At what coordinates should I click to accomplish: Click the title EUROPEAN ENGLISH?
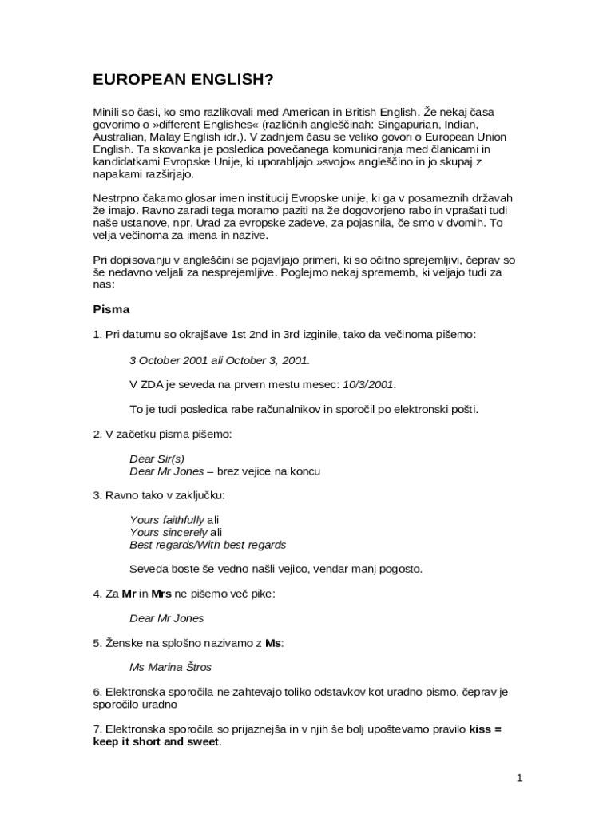point(183,79)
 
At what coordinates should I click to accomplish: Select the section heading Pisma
point(111,309)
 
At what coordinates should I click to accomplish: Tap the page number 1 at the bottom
point(518,778)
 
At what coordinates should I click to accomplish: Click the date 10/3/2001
point(368,384)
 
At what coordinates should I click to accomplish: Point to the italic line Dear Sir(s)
point(157,459)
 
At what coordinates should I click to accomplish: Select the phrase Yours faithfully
point(167,520)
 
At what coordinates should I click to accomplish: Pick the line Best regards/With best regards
point(208,545)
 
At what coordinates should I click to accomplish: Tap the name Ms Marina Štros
point(170,667)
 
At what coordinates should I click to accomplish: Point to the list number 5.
point(97,642)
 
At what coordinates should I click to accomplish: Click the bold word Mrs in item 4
point(161,594)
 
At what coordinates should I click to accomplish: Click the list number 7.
point(97,729)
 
